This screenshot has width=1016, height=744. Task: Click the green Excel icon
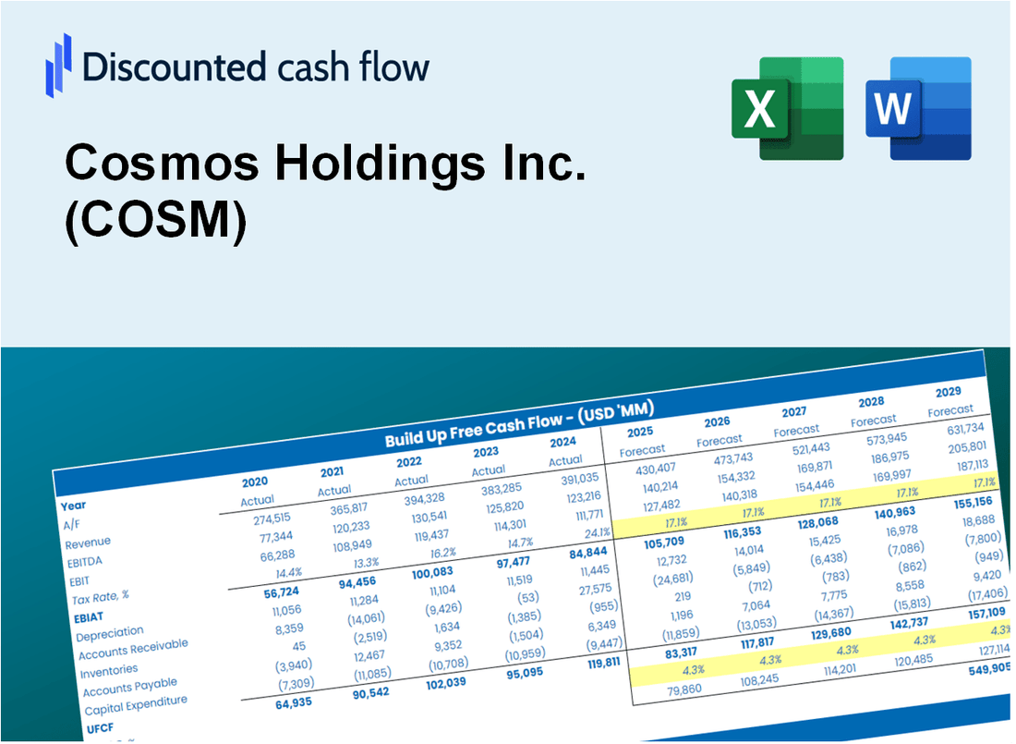click(x=787, y=108)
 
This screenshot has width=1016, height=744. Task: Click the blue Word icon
click(x=918, y=108)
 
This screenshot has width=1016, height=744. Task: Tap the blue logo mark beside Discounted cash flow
click(x=58, y=65)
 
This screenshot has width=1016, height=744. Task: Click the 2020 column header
click(x=255, y=482)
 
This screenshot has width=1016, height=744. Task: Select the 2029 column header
click(x=948, y=392)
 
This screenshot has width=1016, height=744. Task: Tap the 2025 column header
click(x=640, y=432)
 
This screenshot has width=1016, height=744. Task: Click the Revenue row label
click(x=88, y=542)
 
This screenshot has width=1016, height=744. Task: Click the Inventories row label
click(x=109, y=669)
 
